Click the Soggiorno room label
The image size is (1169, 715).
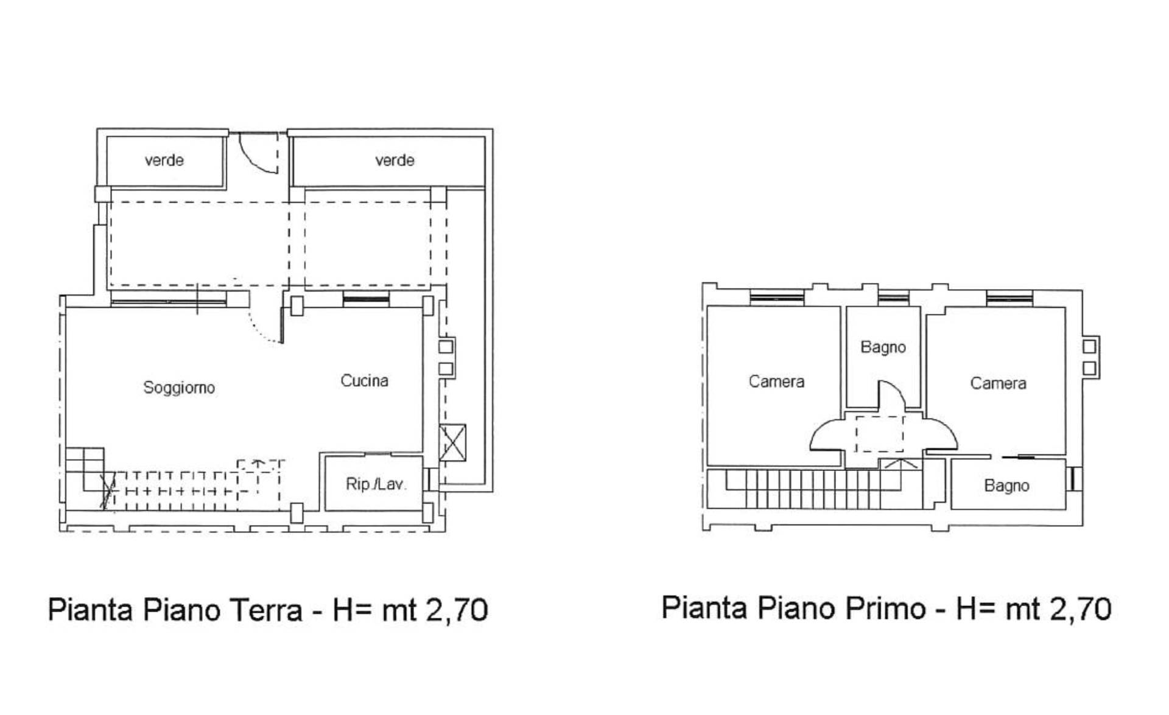(x=179, y=388)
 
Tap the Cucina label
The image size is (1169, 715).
(x=364, y=381)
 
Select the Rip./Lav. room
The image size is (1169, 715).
(x=375, y=484)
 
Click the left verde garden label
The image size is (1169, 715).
(x=164, y=160)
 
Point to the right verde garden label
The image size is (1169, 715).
(x=395, y=160)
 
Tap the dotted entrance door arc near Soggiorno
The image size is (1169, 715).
(x=263, y=329)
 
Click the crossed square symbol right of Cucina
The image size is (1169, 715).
(x=452, y=442)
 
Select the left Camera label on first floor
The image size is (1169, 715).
(x=776, y=382)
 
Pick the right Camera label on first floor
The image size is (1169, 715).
(x=998, y=383)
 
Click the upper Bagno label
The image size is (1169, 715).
(x=883, y=347)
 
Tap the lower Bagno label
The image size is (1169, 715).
(x=1006, y=486)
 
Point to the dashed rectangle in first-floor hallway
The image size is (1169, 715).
(x=880, y=433)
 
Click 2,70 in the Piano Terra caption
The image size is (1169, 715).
(x=457, y=610)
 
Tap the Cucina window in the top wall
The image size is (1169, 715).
(x=365, y=299)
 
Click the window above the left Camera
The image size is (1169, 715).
(x=777, y=297)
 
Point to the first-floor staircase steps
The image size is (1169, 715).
(x=816, y=489)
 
